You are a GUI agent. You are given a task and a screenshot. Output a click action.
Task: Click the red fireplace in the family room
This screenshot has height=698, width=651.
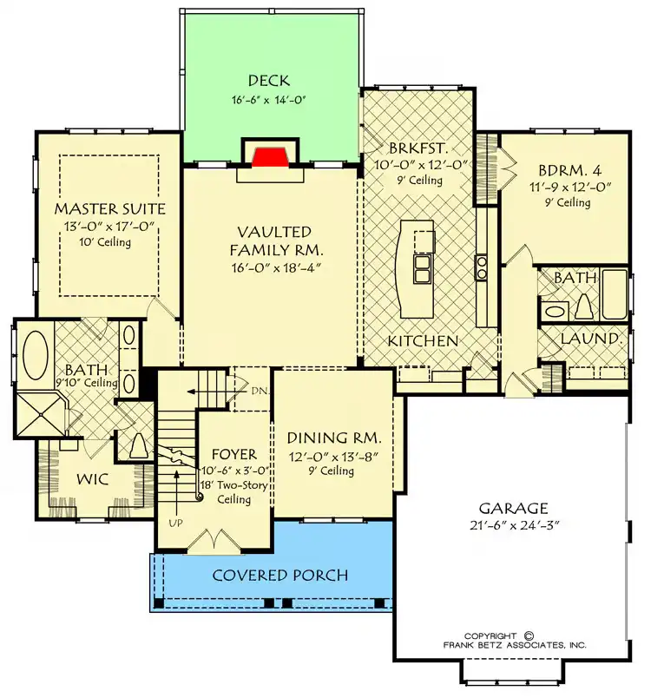click(271, 156)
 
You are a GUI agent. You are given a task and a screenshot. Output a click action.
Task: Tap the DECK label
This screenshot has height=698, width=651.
click(269, 81)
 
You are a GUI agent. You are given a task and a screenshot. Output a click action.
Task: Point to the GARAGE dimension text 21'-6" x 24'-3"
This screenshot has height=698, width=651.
click(514, 525)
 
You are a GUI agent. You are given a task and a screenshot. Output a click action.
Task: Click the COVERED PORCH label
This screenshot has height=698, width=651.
click(280, 575)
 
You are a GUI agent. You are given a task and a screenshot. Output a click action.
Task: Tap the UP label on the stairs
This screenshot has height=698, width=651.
click(175, 523)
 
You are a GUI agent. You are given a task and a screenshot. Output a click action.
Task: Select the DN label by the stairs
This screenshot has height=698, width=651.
click(259, 392)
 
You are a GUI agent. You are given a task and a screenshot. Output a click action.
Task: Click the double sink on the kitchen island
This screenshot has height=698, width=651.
click(421, 269)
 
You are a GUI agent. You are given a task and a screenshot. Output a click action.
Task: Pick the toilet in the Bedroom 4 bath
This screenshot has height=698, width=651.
click(584, 306)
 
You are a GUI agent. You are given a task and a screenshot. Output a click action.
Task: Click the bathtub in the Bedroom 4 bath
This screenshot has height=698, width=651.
click(614, 293)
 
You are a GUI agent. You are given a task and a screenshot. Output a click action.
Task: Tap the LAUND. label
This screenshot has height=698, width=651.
click(590, 339)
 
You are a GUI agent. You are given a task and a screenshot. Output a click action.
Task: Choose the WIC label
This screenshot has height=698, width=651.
click(93, 479)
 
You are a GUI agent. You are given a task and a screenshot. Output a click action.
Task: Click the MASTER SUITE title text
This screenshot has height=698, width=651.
click(110, 208)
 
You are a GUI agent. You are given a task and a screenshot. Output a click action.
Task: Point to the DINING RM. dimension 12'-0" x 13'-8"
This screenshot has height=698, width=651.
click(333, 458)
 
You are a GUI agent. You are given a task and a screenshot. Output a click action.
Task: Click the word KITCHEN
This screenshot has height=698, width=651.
click(423, 341)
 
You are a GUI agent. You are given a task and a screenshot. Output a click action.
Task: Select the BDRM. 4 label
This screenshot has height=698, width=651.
click(570, 170)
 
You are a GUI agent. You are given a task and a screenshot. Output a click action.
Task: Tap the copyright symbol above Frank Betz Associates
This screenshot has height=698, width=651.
click(529, 635)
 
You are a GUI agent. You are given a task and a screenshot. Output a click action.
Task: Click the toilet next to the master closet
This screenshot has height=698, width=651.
click(139, 445)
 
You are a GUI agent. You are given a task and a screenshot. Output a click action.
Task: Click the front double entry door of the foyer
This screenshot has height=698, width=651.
click(216, 542)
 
